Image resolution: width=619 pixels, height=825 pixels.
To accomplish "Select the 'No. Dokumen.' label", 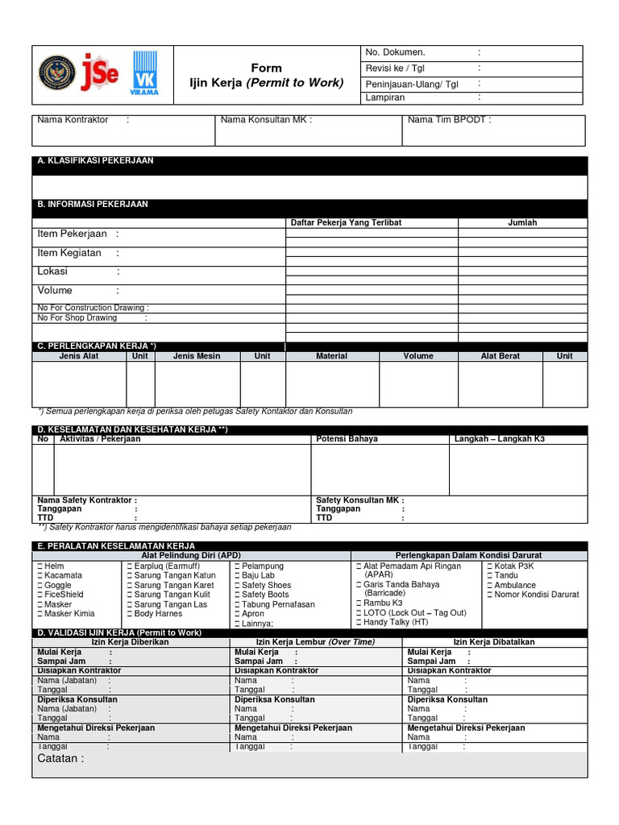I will tap(395, 52).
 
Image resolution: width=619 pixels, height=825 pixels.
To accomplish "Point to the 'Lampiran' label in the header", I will tap(385, 97).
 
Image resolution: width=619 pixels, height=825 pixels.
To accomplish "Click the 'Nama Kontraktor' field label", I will tap(73, 120).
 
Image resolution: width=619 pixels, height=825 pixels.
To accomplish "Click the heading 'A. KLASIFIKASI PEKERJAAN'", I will tap(95, 161).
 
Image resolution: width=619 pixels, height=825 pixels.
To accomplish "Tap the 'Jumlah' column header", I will tap(522, 222).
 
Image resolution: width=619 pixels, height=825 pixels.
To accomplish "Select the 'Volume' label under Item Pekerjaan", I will tap(55, 290).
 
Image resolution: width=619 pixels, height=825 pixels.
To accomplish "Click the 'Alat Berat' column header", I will tap(501, 355).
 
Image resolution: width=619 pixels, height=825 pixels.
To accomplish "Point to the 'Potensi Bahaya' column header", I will tap(347, 439).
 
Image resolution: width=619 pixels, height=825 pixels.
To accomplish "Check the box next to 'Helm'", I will tap(39, 566).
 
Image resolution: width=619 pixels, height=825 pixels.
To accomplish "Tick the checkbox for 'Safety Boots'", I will tap(237, 595).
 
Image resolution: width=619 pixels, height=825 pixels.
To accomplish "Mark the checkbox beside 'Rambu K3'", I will tap(359, 603).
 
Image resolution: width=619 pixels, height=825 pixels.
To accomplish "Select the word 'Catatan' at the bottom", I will tap(58, 759).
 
